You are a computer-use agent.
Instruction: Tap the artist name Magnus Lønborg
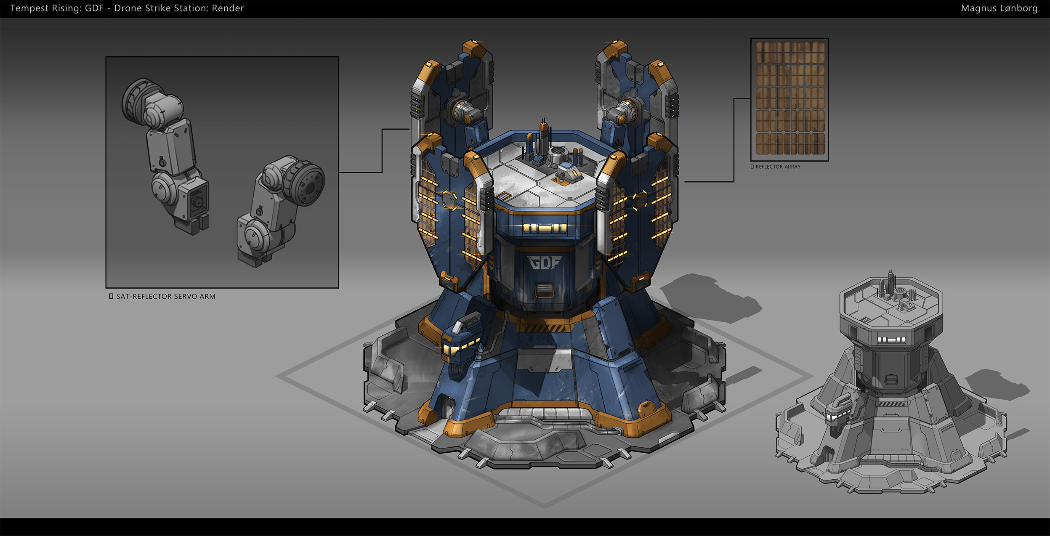999,8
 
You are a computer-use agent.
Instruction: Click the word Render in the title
228,8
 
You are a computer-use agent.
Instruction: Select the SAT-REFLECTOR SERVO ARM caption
165,297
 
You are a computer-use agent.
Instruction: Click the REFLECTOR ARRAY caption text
778,167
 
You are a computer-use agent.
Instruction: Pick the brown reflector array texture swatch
789,99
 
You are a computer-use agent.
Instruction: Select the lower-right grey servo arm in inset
280,210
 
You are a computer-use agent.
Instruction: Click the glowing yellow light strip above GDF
545,228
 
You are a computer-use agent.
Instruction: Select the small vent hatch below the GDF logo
544,290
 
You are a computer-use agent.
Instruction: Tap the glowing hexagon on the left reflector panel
449,200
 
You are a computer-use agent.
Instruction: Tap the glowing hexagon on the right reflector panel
640,200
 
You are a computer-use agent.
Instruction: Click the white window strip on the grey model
891,340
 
